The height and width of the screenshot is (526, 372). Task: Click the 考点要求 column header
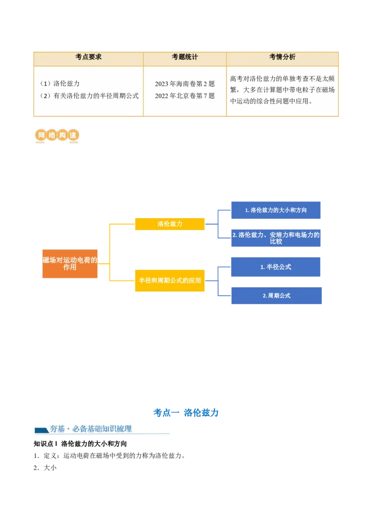(x=88, y=57)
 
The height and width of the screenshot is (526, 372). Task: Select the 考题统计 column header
(x=185, y=57)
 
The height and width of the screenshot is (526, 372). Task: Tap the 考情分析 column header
(x=282, y=57)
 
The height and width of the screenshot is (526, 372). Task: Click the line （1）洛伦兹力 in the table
(x=60, y=84)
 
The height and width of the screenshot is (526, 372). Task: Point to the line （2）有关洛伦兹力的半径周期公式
(x=89, y=96)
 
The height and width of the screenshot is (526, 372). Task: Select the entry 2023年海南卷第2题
(x=185, y=84)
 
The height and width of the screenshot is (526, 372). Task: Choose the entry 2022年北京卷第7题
(x=185, y=96)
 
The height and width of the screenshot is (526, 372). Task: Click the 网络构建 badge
(x=56, y=136)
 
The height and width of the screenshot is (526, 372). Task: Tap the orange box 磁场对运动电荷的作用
(x=70, y=264)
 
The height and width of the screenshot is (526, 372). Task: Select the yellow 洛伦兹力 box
(x=170, y=224)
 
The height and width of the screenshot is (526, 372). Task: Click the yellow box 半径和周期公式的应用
(x=170, y=281)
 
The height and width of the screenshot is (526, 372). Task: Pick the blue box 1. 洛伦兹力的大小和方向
(x=276, y=210)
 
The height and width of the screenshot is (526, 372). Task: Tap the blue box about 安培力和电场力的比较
(x=276, y=238)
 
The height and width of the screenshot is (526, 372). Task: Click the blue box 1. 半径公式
(x=276, y=267)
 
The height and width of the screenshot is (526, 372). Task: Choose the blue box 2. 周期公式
(x=276, y=296)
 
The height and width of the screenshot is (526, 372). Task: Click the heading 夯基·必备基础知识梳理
(x=91, y=429)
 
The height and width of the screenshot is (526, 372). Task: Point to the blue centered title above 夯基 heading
(x=186, y=413)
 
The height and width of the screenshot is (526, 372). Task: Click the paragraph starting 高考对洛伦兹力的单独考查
(x=282, y=90)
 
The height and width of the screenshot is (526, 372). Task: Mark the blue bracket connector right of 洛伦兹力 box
(x=217, y=224)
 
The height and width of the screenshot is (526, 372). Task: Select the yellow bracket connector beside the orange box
(x=109, y=253)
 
